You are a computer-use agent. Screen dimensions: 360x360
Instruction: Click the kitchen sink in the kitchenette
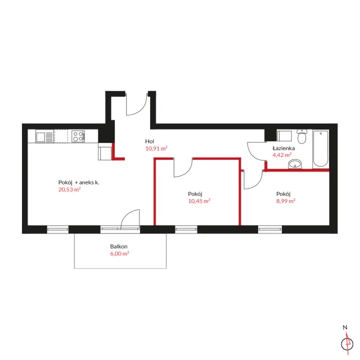pyautogui.click(x=44, y=136)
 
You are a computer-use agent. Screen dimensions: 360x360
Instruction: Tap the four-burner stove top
pyautogui.click(x=78, y=136)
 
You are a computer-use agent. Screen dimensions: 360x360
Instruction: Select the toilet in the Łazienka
pyautogui.click(x=301, y=136)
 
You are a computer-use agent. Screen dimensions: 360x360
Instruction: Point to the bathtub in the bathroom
pyautogui.click(x=321, y=148)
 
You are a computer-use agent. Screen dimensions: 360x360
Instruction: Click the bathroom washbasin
pyautogui.click(x=295, y=164)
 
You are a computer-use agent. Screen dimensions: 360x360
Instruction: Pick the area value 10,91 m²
pyautogui.click(x=156, y=148)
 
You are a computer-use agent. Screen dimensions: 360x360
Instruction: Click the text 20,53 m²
pyautogui.click(x=69, y=190)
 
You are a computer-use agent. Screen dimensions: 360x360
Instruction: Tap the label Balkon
pyautogui.click(x=119, y=246)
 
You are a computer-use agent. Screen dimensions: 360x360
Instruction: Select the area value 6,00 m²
pyautogui.click(x=119, y=254)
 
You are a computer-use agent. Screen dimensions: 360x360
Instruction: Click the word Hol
pyautogui.click(x=150, y=141)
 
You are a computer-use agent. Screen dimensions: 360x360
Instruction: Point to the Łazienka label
pyautogui.click(x=283, y=148)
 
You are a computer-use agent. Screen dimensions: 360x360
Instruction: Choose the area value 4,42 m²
pyautogui.click(x=282, y=155)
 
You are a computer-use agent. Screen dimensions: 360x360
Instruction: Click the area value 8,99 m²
pyautogui.click(x=286, y=201)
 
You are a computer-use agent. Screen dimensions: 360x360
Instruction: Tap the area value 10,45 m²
pyautogui.click(x=199, y=201)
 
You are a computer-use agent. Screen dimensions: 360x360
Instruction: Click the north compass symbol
pyautogui.click(x=347, y=344)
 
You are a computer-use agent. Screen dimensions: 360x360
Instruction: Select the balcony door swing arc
pyautogui.click(x=126, y=214)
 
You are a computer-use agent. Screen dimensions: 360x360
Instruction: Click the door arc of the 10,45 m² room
pyautogui.click(x=187, y=172)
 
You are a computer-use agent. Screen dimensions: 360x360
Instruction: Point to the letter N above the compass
pyautogui.click(x=345, y=327)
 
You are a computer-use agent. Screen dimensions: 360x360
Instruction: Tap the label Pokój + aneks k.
pyautogui.click(x=79, y=182)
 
